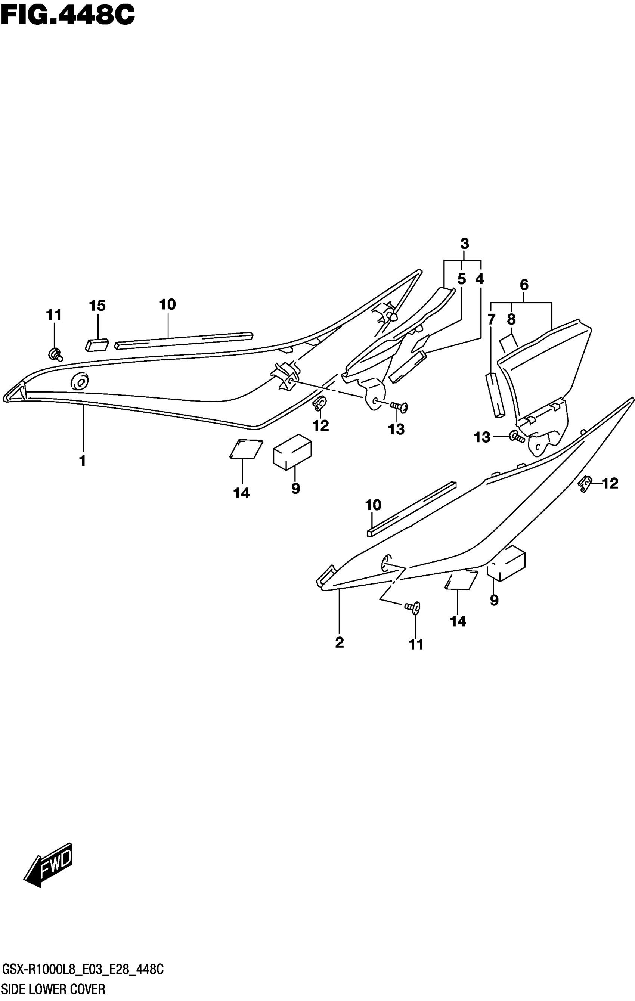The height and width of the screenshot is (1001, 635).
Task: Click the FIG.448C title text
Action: coord(68,15)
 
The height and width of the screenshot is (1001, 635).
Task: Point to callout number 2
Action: coord(339,642)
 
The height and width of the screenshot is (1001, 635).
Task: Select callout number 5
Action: coord(461,279)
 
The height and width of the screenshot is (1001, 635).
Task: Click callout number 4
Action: coord(480,279)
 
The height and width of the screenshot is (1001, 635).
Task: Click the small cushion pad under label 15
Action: coord(97,345)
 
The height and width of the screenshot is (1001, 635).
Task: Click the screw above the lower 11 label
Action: coord(413,608)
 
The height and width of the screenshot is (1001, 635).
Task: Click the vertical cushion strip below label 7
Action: coord(495,394)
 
